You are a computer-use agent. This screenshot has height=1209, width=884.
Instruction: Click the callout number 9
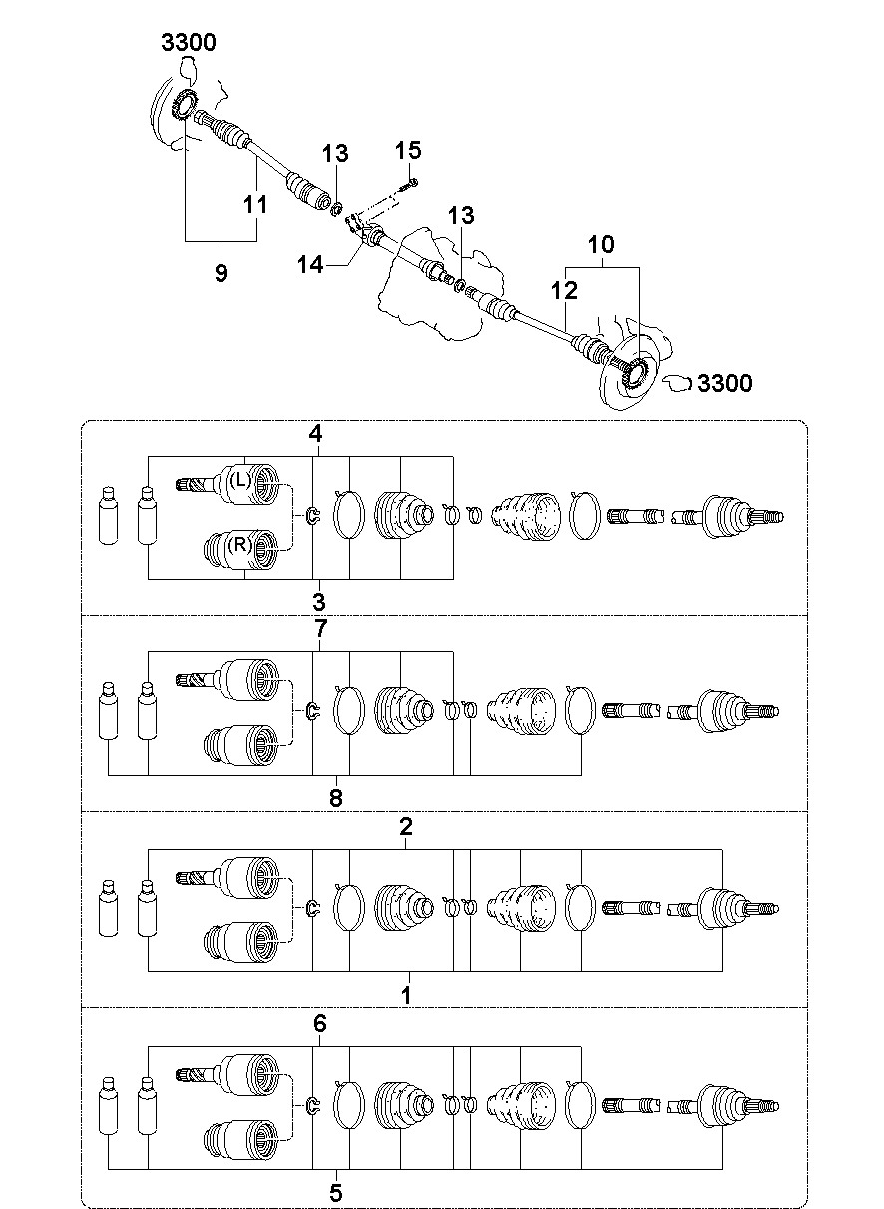point(221,272)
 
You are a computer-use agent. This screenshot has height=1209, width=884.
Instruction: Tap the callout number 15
point(408,150)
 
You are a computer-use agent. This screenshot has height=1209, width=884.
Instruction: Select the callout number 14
point(310,265)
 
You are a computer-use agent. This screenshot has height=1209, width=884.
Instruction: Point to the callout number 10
point(601,244)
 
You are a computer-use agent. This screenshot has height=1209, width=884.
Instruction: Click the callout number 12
point(564,291)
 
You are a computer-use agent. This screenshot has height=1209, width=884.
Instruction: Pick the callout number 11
point(255,204)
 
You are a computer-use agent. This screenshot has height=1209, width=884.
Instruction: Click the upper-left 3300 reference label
point(189,42)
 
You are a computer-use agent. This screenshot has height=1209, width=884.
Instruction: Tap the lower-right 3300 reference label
point(725,383)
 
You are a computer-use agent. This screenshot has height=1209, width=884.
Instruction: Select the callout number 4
point(316,433)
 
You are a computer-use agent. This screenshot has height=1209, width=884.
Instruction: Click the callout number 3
point(319,601)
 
